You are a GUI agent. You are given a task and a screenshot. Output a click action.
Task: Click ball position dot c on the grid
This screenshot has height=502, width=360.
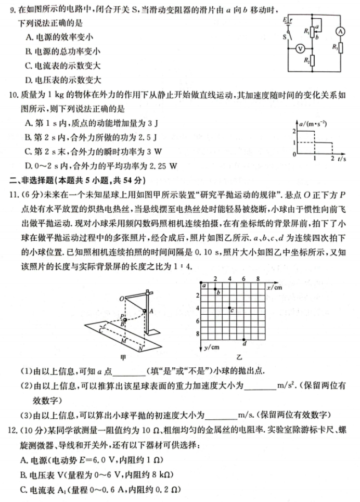(x=230, y=308)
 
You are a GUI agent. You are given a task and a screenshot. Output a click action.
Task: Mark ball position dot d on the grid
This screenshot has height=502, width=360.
(x=244, y=340)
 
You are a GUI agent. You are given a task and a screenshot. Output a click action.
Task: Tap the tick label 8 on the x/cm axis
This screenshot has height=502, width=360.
(x=258, y=279)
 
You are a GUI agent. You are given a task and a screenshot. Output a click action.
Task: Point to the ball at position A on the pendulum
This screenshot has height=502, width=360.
(x=144, y=311)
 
